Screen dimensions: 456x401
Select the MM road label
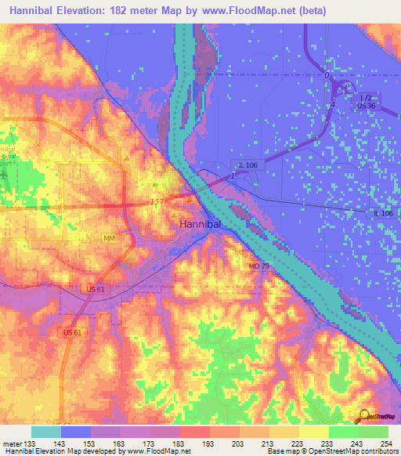pyautogui.click(x=109, y=237)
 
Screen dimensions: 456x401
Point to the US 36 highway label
pyautogui.click(x=367, y=106)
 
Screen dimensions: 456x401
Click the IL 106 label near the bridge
pyautogui.click(x=247, y=165)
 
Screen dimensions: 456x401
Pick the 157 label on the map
pyautogui.click(x=159, y=203)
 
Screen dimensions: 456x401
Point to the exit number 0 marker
pyautogui.click(x=327, y=74)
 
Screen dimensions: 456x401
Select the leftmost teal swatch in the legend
pyautogui.click(x=45, y=432)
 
